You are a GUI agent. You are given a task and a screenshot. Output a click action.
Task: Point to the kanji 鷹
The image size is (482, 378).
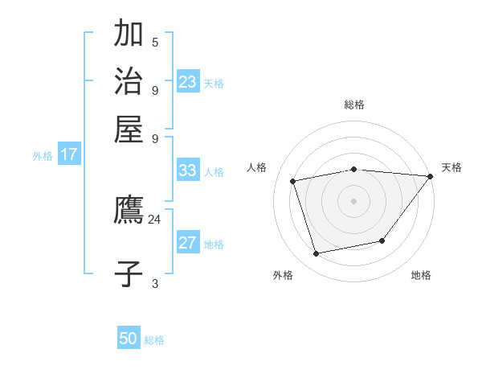click(129, 211)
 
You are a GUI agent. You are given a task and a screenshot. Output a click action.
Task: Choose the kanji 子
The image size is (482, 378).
click(129, 273)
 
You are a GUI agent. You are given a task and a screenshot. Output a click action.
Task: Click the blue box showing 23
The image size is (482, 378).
click(188, 82)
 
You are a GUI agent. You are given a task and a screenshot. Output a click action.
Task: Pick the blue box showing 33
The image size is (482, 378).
click(188, 171)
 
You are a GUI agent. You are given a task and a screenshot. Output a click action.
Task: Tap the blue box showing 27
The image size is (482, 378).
click(188, 244)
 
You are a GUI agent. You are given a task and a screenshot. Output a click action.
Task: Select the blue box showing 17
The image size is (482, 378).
click(69, 155)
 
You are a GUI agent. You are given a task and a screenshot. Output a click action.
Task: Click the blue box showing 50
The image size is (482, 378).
click(129, 339)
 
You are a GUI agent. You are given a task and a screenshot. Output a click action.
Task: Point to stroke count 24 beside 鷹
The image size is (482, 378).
click(154, 220)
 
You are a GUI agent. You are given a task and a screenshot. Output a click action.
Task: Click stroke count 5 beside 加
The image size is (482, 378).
click(155, 43)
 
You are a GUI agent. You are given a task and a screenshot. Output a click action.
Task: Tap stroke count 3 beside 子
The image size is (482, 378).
click(155, 283)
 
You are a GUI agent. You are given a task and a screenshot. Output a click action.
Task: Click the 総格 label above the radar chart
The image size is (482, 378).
click(354, 105)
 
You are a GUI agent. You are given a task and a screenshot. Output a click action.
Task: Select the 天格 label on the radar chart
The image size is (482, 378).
click(451, 167)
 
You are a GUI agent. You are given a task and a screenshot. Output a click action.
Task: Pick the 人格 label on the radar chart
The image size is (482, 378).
click(257, 167)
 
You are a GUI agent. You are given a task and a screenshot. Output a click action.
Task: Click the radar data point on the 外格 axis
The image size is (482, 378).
click(317, 253)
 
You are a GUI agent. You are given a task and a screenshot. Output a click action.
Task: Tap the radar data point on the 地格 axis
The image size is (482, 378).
click(382, 240)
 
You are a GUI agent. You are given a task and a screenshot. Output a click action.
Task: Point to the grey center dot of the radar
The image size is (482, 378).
click(353, 200)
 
